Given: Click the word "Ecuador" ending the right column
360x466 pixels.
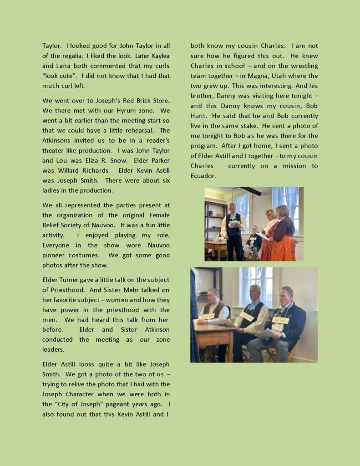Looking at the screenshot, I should (x=203, y=176).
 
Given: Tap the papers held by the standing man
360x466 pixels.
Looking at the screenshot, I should (x=233, y=224).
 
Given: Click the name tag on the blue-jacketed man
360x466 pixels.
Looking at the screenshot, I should (x=280, y=320).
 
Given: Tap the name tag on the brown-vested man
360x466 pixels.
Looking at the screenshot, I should (x=208, y=316).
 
